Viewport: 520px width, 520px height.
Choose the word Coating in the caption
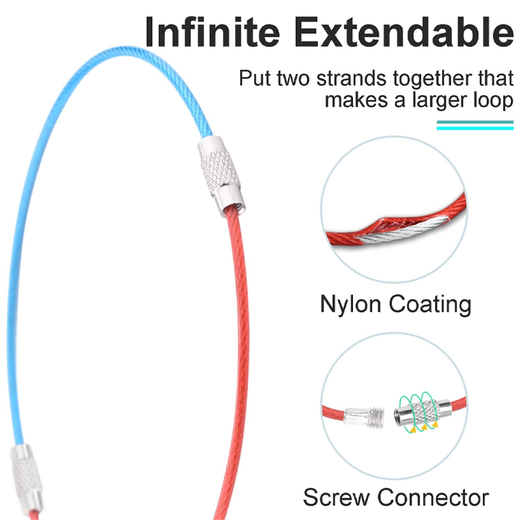pos(432,304)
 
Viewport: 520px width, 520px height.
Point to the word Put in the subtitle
pos(253,79)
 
